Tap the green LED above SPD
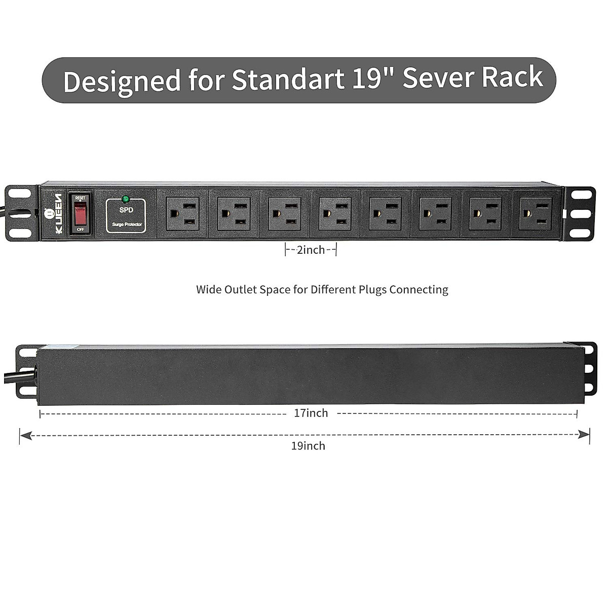point(125,199)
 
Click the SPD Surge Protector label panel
point(126,216)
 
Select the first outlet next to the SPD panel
point(182,214)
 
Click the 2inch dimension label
point(311,250)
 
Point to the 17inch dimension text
point(311,413)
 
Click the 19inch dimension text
point(308,446)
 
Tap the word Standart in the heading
point(287,80)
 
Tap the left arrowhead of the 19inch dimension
point(24,435)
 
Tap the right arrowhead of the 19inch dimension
point(585,435)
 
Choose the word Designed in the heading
point(122,81)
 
